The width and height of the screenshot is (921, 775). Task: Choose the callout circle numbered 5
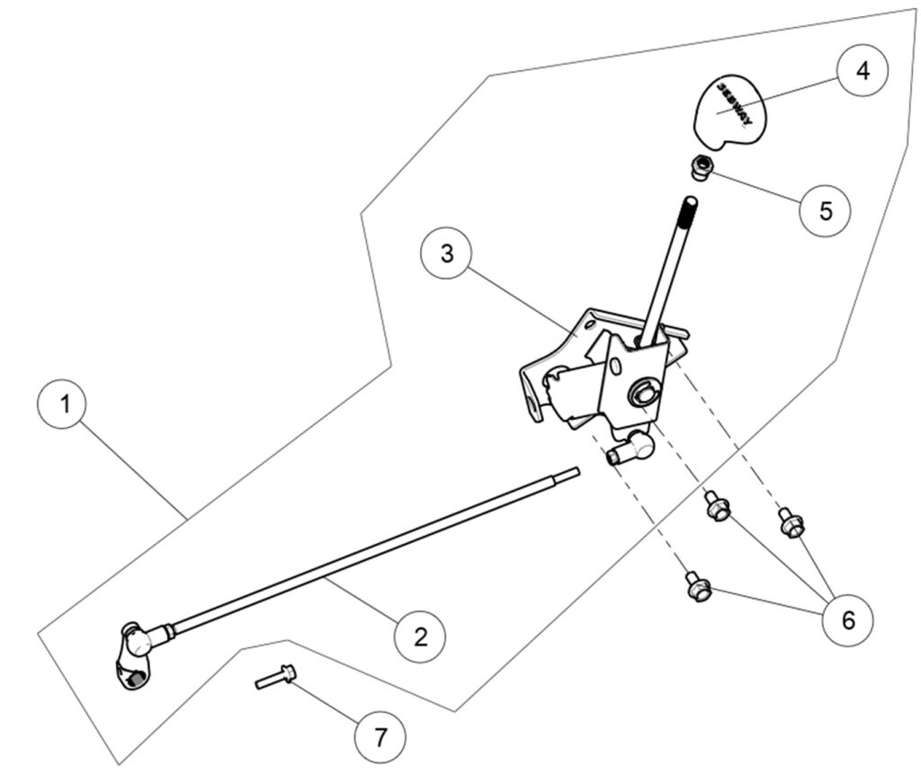point(826,209)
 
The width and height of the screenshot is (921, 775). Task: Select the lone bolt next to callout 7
point(274,676)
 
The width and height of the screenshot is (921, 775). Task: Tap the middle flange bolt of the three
point(718,507)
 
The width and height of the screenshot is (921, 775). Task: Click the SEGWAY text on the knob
point(734,104)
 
